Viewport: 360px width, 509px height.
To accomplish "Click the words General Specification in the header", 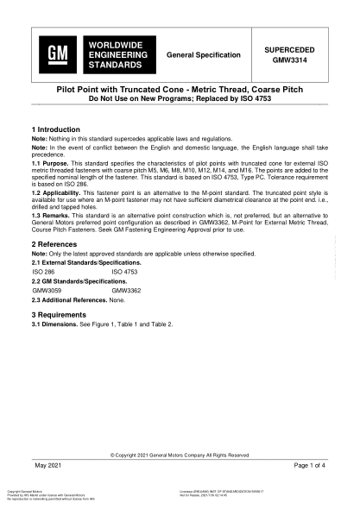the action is [x=204, y=54].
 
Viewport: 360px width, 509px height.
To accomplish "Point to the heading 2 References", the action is [x=55, y=245].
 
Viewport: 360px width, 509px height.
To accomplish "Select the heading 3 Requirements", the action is [x=60, y=316].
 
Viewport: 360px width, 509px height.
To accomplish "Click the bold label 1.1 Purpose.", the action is [x=51, y=162].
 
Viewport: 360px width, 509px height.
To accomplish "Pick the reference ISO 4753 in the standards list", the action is [x=125, y=270].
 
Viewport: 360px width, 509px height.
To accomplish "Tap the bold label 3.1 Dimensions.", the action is [x=56, y=324].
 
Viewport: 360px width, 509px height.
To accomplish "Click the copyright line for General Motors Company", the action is [x=180, y=455].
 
